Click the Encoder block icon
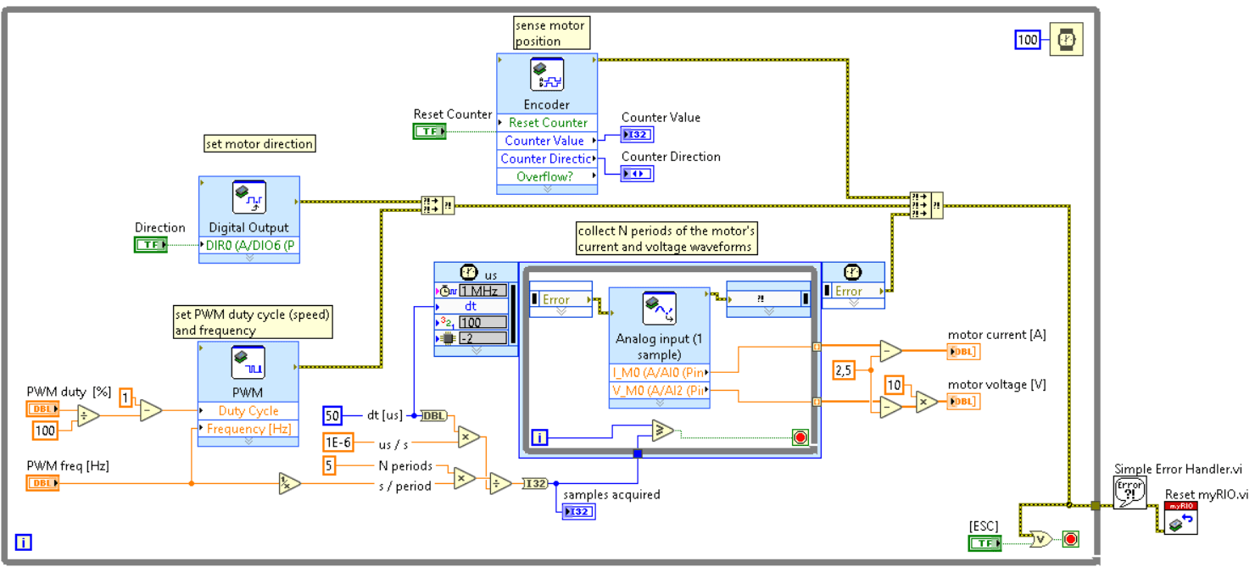click(x=547, y=75)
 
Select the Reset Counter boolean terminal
click(x=430, y=131)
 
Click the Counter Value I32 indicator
click(x=637, y=135)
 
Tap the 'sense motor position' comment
click(x=551, y=33)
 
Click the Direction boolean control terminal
click(x=151, y=245)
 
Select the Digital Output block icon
click(x=249, y=197)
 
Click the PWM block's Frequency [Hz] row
click(x=248, y=429)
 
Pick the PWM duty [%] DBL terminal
click(x=42, y=409)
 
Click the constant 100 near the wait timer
click(x=1028, y=39)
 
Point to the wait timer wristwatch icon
click(x=1066, y=39)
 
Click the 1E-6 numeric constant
click(x=339, y=442)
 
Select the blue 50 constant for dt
click(x=332, y=415)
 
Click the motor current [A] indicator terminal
click(x=963, y=352)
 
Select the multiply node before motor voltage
click(x=926, y=402)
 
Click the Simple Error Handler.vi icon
click(x=1129, y=492)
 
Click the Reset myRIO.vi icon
click(x=1180, y=518)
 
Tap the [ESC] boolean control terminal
click(x=984, y=542)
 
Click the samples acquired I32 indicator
click(x=577, y=511)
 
